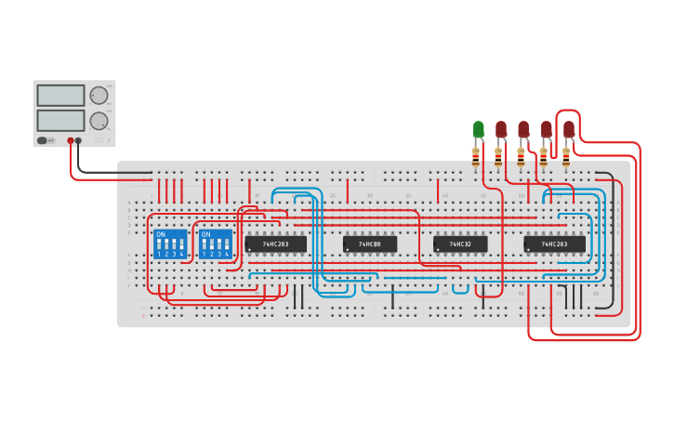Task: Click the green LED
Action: click(x=479, y=129)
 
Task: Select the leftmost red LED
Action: click(x=501, y=129)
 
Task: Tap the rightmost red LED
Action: click(x=569, y=129)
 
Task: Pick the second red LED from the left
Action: click(x=523, y=129)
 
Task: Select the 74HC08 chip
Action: click(x=370, y=244)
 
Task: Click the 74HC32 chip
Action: click(x=460, y=244)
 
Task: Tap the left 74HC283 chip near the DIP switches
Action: click(x=275, y=244)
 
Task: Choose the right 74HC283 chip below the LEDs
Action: click(x=554, y=244)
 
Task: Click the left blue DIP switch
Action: click(x=170, y=244)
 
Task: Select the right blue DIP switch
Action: click(x=215, y=244)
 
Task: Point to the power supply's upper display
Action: click(x=60, y=96)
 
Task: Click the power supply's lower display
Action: click(x=60, y=120)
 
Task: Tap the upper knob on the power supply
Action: click(x=99, y=96)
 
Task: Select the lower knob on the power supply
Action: click(x=99, y=120)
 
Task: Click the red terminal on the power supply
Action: click(x=70, y=141)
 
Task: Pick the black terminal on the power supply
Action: click(x=78, y=141)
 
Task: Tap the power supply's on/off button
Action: click(x=43, y=140)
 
